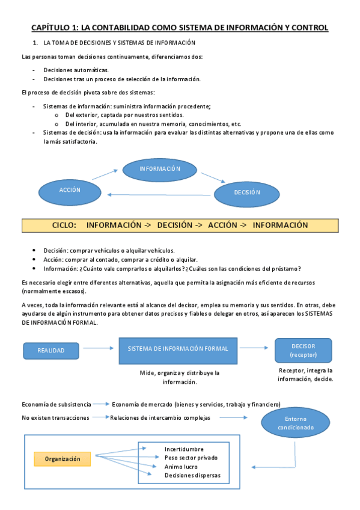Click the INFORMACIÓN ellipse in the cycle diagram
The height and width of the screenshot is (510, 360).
coord(160,169)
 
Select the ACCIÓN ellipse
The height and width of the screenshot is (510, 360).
coord(70,189)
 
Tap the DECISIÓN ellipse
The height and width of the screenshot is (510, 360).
coord(246,192)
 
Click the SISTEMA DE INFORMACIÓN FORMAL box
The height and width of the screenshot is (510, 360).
coord(178,351)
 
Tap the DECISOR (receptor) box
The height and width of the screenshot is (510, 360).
coord(304,350)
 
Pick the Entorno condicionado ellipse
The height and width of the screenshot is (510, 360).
coord(296,423)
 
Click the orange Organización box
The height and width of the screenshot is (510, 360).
coord(63,459)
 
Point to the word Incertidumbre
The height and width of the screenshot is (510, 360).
coord(184,449)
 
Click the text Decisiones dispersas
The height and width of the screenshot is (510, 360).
coord(192,475)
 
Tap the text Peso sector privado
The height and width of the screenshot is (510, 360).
coord(191,458)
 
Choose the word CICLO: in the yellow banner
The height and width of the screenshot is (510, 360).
coord(64,226)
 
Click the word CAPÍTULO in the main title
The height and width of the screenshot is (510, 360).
coord(50,28)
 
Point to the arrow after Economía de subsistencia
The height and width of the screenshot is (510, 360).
coord(102,404)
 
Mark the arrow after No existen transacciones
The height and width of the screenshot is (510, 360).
coord(100,417)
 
